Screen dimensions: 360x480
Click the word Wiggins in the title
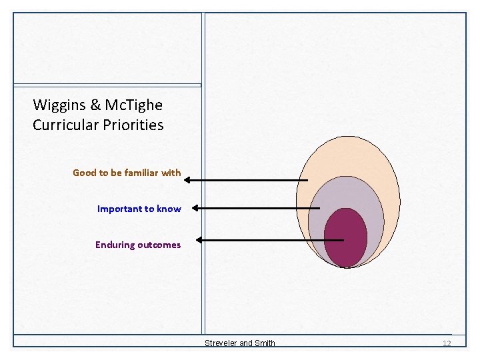[x=59, y=105]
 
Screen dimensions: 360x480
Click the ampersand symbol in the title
[x=95, y=105]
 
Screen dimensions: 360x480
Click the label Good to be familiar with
[x=127, y=173]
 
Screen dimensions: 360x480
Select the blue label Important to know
[x=139, y=209]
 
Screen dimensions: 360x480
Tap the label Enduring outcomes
[x=138, y=245]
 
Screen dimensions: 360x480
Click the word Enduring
[x=115, y=245]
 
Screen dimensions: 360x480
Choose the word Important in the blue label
[x=120, y=209]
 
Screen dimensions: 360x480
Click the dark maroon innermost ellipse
[x=345, y=237]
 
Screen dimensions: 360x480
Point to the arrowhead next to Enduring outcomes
[x=201, y=240]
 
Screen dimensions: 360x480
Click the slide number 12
[x=447, y=343]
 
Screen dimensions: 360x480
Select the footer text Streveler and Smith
[x=239, y=343]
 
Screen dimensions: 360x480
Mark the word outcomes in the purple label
[x=159, y=245]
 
